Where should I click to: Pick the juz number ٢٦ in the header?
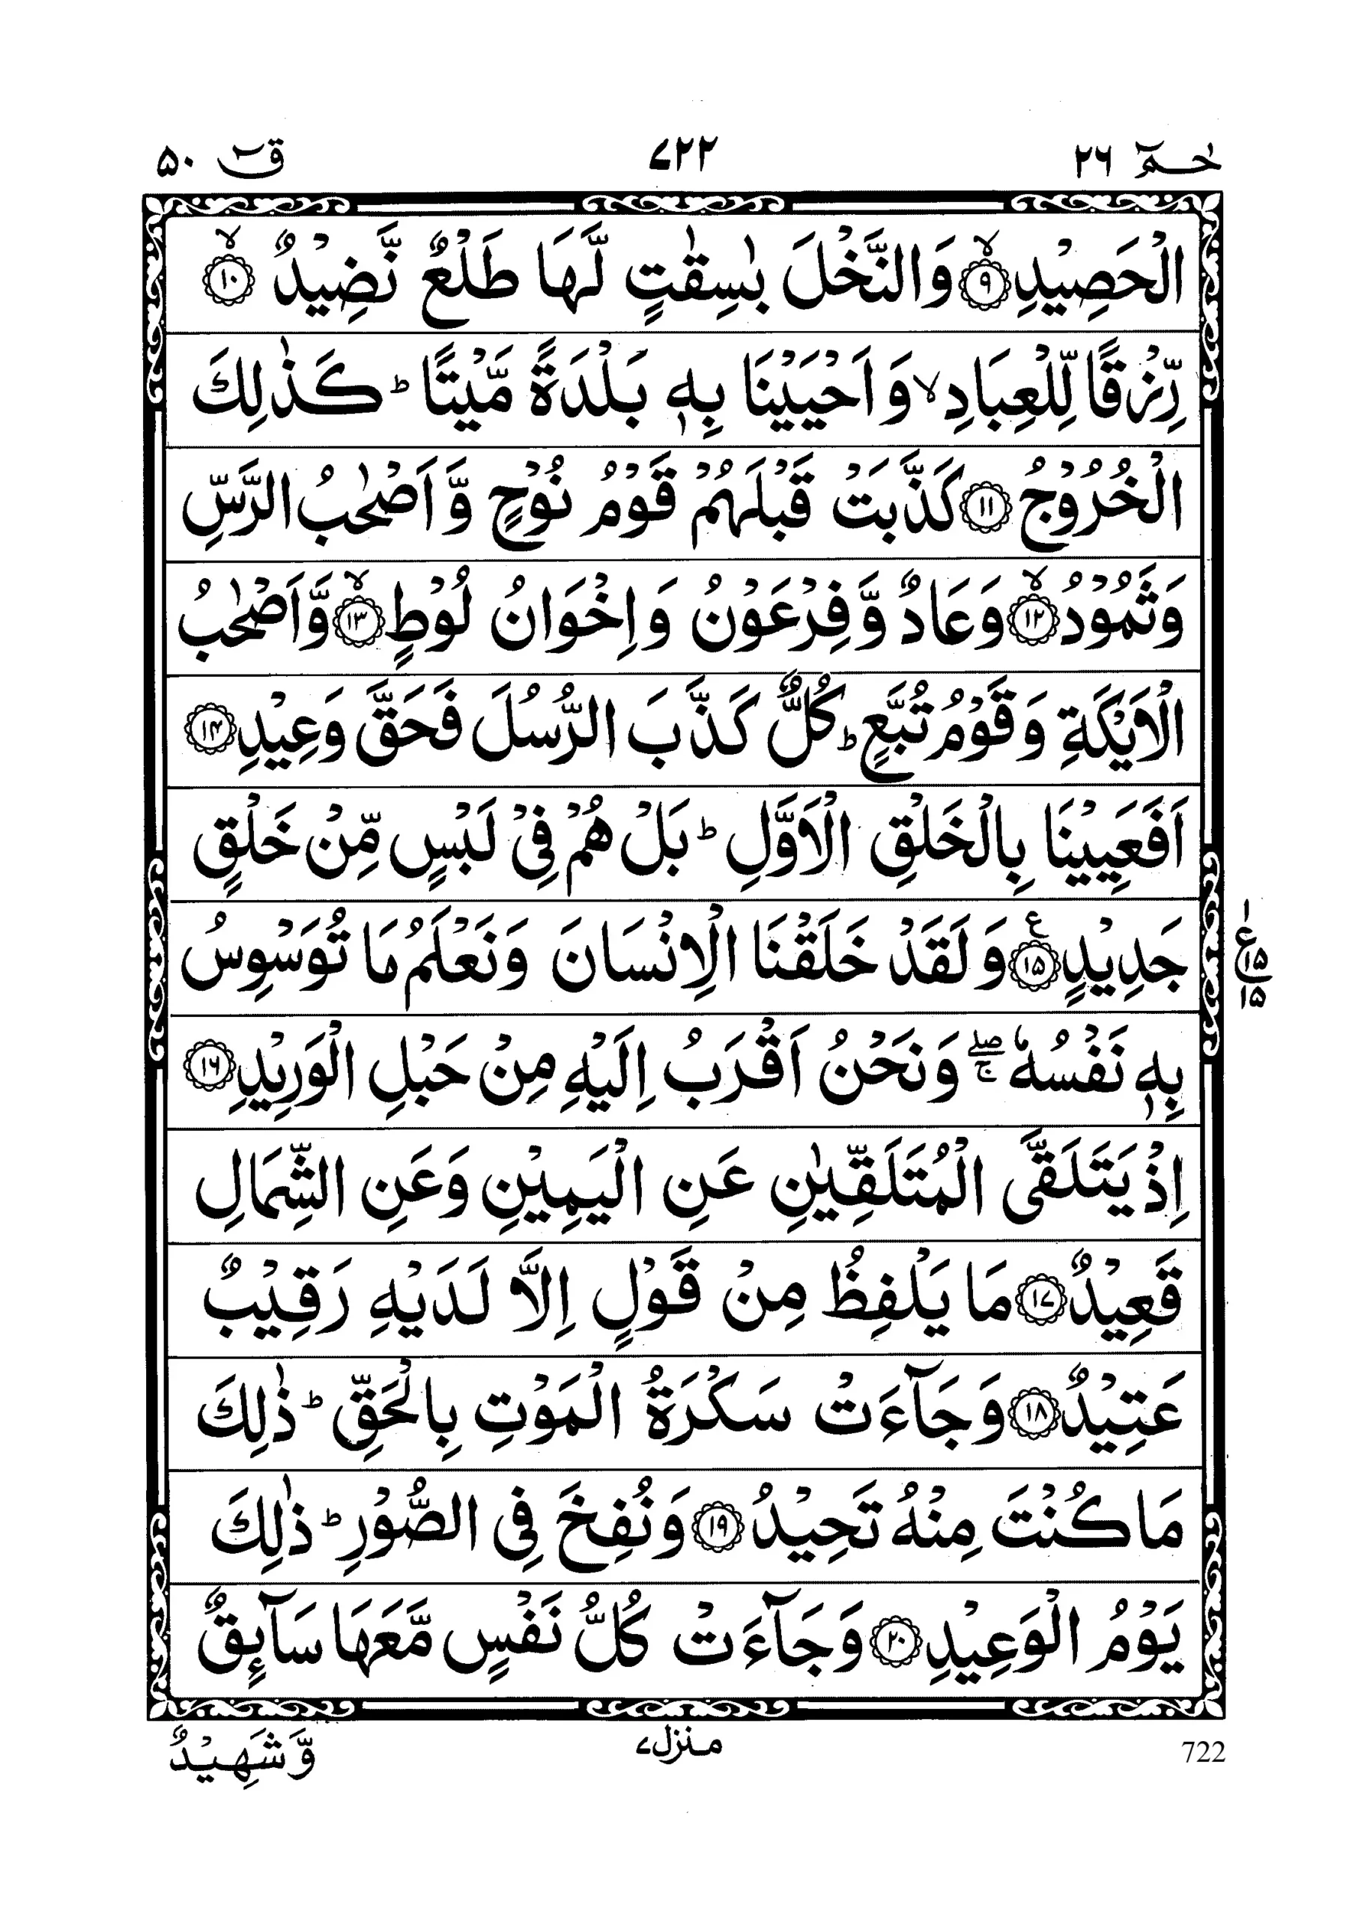(x=1094, y=159)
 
